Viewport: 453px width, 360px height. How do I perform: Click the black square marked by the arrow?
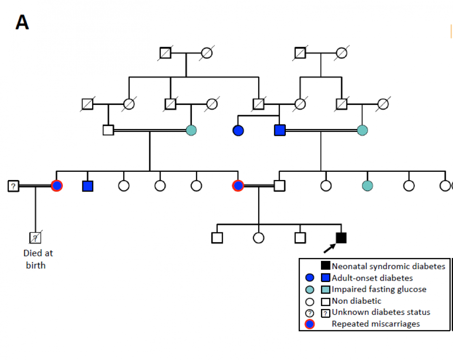341,237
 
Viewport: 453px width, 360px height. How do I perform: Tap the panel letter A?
22,22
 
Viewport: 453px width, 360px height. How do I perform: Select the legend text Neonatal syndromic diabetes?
388,266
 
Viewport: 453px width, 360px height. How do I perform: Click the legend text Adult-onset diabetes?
372,278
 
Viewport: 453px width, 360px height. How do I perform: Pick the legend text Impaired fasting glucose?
379,289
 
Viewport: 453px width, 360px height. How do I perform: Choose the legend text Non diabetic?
356,301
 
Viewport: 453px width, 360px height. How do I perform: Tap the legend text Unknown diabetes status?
381,312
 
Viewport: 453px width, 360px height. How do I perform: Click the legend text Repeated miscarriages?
375,324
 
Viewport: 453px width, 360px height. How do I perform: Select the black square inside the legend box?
326,266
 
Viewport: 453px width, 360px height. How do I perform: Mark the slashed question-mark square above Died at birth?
35,237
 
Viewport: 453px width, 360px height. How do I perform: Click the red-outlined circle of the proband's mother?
238,185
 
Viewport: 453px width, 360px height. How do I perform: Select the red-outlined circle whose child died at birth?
56,185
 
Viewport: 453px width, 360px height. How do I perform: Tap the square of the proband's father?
279,185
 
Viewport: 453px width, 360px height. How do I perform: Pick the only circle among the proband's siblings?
258,237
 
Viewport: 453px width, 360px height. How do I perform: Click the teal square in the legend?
326,289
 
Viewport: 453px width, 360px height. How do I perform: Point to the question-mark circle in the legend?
310,313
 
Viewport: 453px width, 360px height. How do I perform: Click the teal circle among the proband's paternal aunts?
367,185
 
